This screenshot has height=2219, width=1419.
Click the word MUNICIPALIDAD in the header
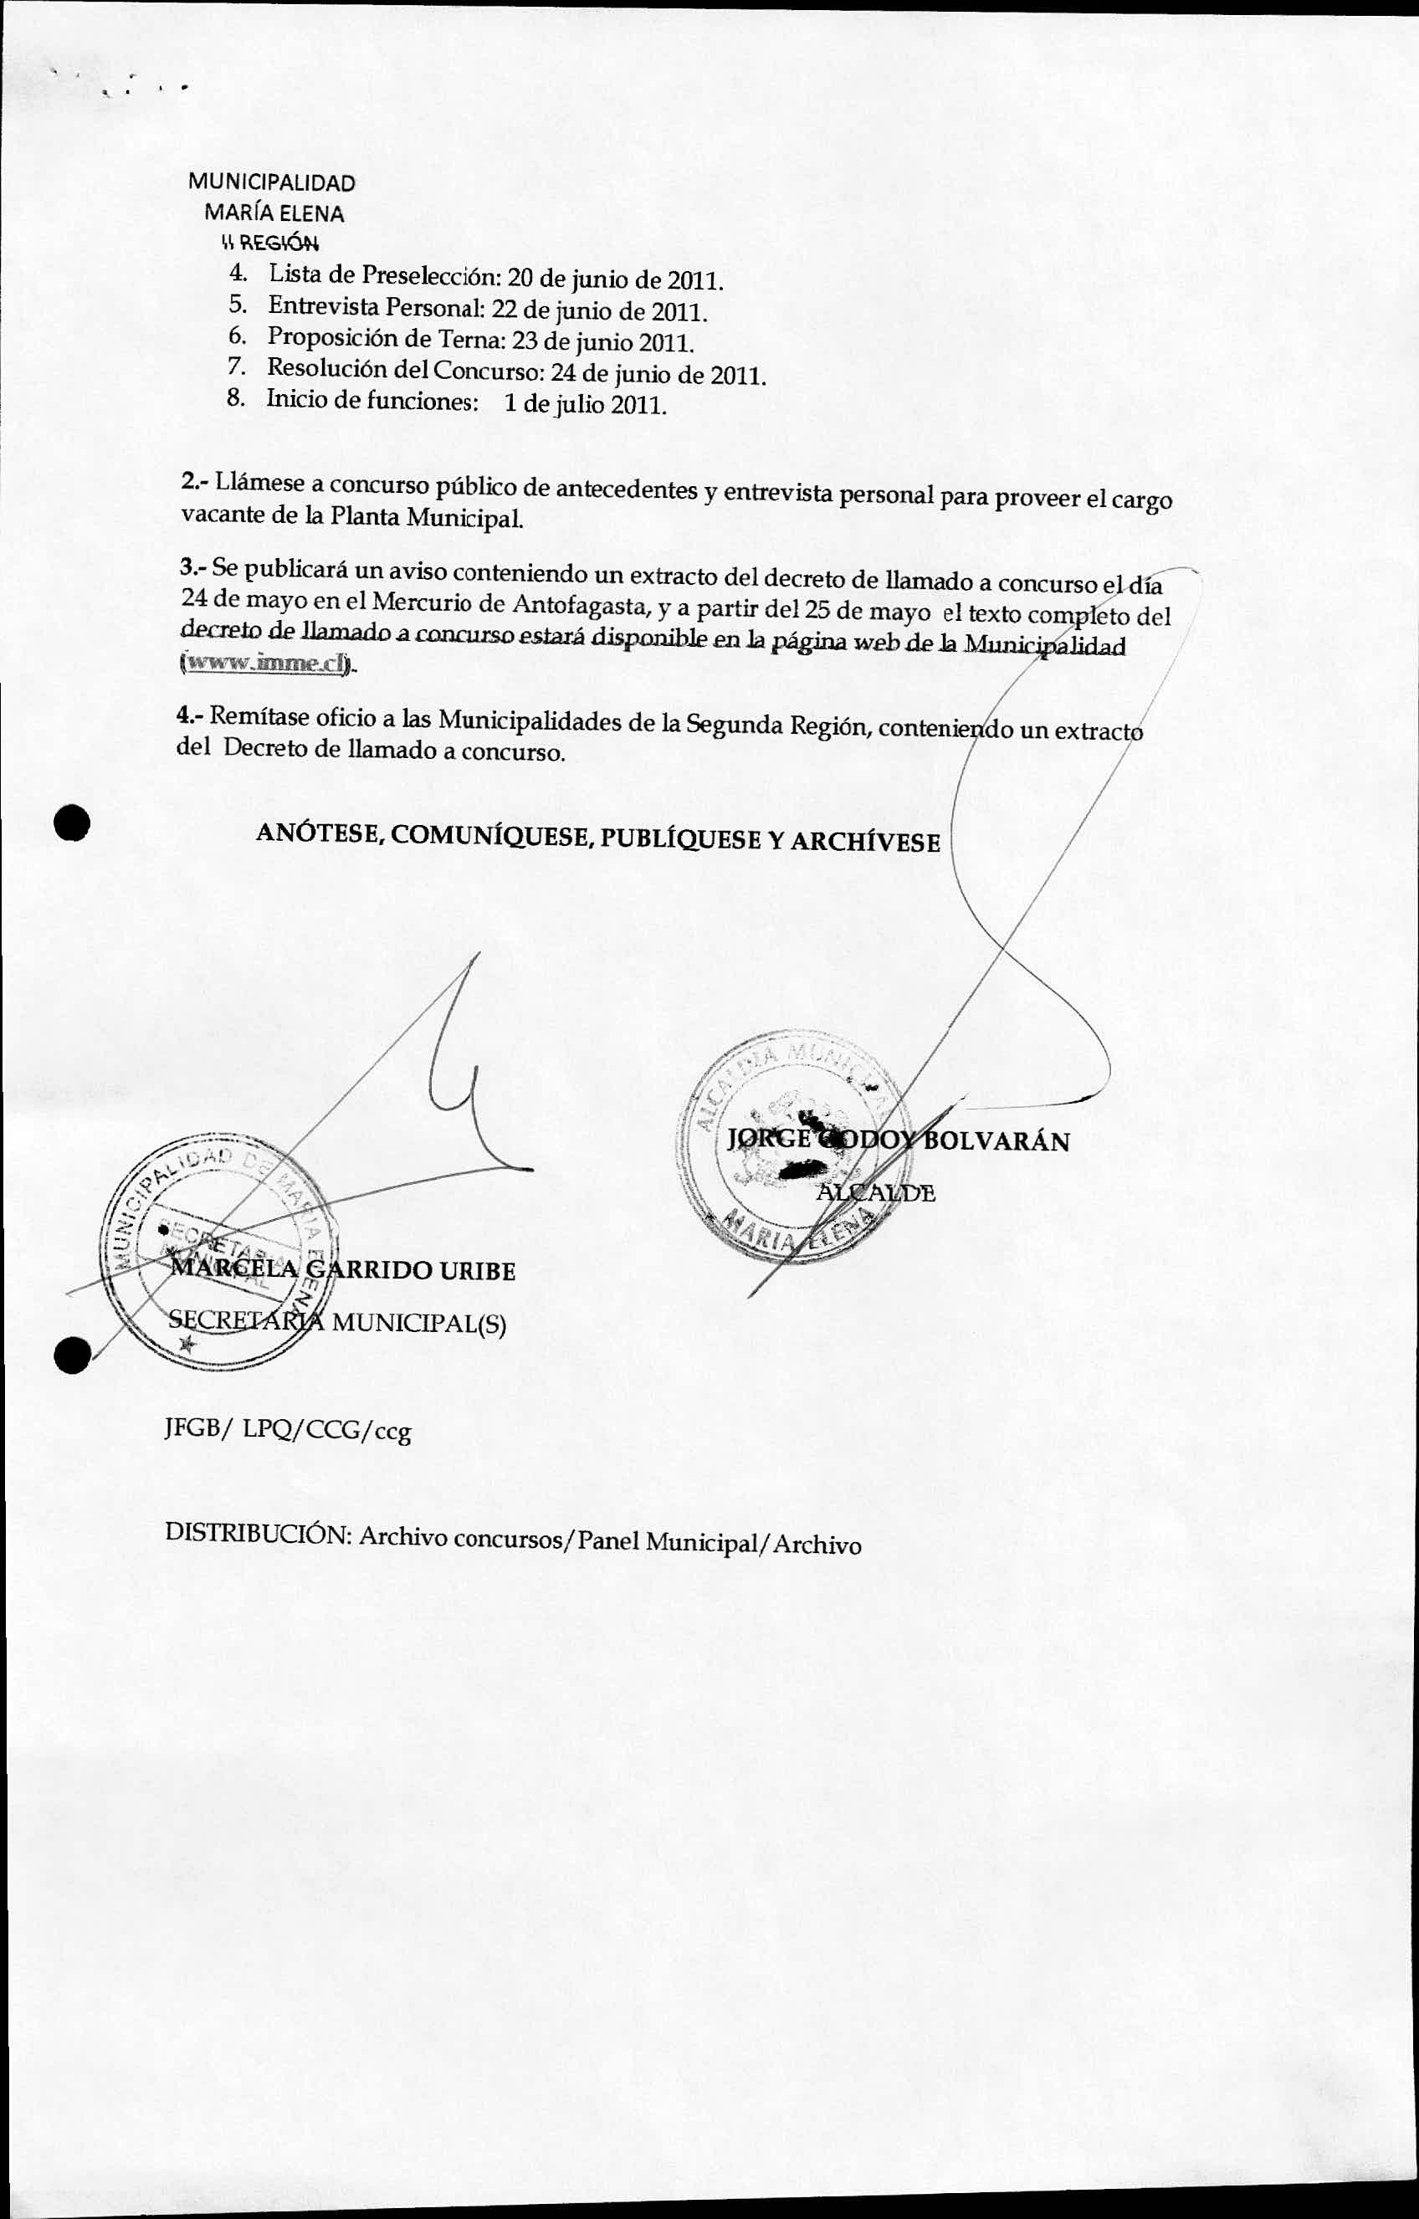[272, 182]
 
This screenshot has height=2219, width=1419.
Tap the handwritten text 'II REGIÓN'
[270, 244]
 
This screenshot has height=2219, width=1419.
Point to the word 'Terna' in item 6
[458, 339]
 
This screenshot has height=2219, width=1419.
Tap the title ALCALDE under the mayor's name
[875, 1193]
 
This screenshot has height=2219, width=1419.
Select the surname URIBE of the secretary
[476, 1271]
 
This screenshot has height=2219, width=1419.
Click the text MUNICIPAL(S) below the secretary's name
[418, 1325]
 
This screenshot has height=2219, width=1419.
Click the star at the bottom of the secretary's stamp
[189, 1346]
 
